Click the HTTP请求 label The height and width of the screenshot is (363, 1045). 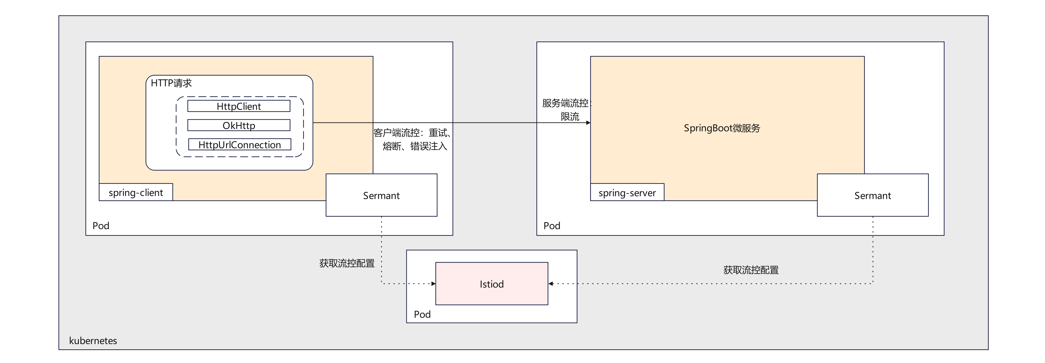[171, 83]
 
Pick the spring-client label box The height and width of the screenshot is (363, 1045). [136, 192]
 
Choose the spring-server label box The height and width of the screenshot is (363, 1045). [627, 192]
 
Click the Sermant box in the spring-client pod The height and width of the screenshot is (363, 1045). [381, 196]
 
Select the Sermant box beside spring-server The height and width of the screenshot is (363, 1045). [873, 196]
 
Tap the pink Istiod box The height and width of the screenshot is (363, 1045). [492, 284]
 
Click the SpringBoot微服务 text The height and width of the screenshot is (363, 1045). [722, 128]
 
